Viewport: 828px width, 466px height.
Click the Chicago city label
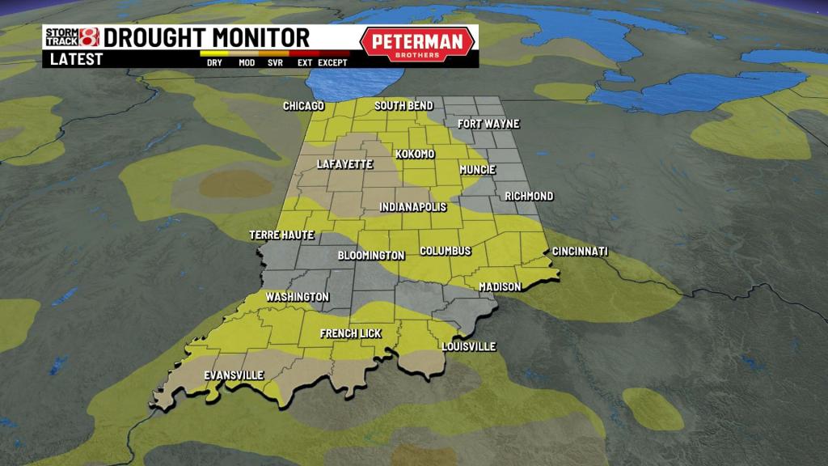coord(303,106)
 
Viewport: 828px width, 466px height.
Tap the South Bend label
coord(403,106)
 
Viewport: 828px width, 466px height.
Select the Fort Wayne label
coord(488,124)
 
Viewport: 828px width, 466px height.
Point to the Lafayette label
coord(345,164)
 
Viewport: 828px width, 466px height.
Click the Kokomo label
coord(415,154)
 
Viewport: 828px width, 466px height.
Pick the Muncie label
coord(477,170)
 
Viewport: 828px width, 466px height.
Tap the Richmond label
coord(529,196)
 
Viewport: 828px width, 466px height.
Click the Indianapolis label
coord(413,207)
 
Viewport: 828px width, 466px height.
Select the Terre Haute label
coord(281,235)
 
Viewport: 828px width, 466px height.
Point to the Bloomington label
coord(371,256)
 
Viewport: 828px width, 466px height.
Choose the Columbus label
coord(446,251)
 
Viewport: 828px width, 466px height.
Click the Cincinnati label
coord(580,252)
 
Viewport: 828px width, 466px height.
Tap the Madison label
coord(499,286)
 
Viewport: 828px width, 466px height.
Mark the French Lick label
coord(351,333)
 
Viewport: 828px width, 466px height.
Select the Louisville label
coord(468,346)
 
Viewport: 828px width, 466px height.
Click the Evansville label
coord(234,375)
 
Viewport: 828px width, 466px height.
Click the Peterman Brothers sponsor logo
coord(417,44)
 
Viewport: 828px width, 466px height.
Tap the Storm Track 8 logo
coord(71,38)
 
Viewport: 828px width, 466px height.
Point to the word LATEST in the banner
coord(77,59)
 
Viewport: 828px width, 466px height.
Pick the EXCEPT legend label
coord(332,62)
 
